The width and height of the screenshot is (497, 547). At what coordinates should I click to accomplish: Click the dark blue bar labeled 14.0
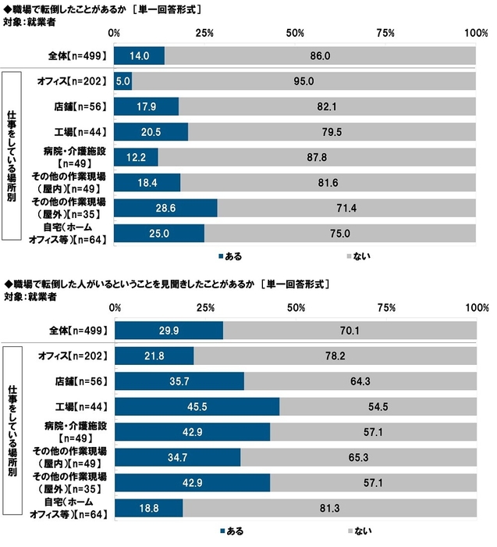[139, 56]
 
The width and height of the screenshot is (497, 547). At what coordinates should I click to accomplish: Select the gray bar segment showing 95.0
[304, 81]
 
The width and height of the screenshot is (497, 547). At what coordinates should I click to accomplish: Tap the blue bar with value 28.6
[165, 208]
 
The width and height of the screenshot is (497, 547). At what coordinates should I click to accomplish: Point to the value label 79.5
[332, 132]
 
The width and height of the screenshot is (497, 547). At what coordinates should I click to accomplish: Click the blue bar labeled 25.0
[159, 234]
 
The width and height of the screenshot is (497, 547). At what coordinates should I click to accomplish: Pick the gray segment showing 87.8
[317, 157]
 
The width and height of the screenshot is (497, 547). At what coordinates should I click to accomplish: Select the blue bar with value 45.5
[197, 407]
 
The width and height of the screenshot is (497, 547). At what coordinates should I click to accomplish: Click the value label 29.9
[169, 331]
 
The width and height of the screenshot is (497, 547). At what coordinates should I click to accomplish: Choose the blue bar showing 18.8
[148, 509]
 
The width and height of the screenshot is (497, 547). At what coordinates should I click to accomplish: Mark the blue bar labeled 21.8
[154, 356]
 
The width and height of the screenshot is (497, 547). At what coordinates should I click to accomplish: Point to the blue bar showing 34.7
[177, 458]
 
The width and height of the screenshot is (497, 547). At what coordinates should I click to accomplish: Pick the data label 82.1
[326, 106]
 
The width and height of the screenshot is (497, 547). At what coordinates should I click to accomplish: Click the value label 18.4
[147, 183]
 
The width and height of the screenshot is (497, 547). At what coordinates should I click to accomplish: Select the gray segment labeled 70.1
[349, 331]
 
